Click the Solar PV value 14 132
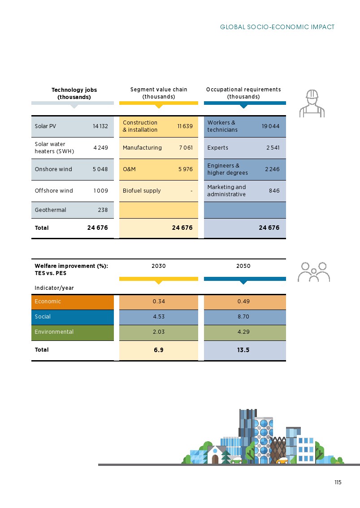coord(100,126)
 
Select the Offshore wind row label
coord(54,191)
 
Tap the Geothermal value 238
coord(103,210)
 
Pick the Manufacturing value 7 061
coord(186,148)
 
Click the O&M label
coord(129,169)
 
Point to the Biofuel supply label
coord(142,191)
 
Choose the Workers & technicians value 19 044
coord(270,126)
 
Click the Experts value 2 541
coord(273,148)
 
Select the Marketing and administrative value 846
coord(274,191)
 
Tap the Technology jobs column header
coord(74,93)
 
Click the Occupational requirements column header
coord(243,93)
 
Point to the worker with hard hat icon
coord(312,103)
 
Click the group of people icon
coord(314,272)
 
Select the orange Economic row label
coord(48,301)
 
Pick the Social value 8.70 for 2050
coord(243,317)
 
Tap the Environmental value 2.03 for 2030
coord(159,332)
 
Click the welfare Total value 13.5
coord(243,350)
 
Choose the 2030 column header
coord(159,266)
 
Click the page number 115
coord(338,482)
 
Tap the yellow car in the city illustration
coord(282,461)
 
